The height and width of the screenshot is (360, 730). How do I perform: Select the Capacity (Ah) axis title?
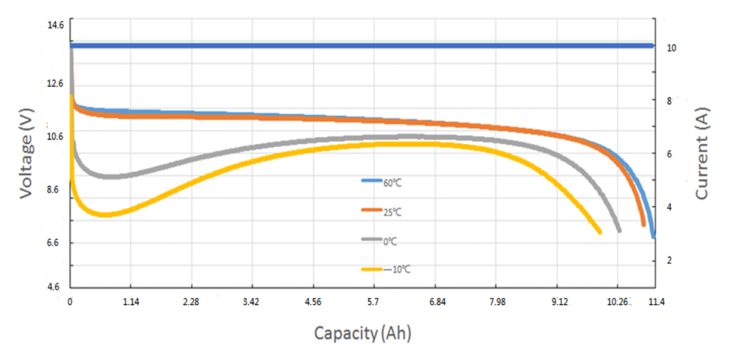(x=363, y=332)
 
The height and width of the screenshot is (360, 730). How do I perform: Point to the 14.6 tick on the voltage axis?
(x=55, y=25)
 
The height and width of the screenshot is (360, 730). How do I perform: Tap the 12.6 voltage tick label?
(x=55, y=83)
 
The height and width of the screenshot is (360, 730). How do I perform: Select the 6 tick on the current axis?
(x=668, y=154)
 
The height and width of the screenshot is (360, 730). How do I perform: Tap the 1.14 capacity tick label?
(x=130, y=302)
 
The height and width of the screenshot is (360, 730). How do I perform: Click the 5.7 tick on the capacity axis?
(x=374, y=302)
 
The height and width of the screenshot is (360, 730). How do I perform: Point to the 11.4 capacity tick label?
(x=656, y=302)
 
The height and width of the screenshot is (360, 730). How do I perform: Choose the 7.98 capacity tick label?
(x=497, y=302)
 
